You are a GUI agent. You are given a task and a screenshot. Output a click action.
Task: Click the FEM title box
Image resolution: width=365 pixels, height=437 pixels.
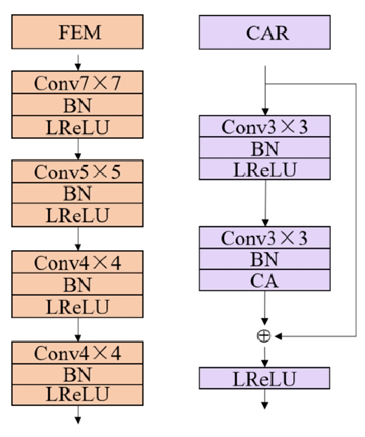[x=78, y=32]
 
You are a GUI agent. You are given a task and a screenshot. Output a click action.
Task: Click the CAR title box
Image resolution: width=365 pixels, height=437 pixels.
[x=265, y=32]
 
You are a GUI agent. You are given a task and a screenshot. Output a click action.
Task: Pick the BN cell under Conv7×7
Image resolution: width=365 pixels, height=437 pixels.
[x=78, y=105]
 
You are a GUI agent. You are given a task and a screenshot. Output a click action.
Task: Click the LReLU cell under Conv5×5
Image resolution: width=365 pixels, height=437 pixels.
[x=78, y=215]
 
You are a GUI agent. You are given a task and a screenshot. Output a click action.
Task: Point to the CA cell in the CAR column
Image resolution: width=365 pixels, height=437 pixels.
[x=265, y=281]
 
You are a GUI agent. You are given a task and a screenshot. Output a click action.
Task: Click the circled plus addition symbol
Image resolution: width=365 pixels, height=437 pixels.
[x=264, y=336]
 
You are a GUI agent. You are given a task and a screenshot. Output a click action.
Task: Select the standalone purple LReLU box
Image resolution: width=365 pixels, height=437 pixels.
[x=265, y=378]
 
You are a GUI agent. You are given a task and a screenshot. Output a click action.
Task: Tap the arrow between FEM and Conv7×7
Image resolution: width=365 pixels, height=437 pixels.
[x=78, y=62]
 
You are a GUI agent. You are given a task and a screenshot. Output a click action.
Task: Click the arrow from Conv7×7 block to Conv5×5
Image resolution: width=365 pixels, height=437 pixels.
[x=78, y=149]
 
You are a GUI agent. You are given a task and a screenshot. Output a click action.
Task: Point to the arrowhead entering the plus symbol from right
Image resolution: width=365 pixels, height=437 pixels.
[x=279, y=336]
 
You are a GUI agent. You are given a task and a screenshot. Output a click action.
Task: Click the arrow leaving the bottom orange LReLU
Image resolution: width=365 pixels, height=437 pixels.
[x=78, y=415]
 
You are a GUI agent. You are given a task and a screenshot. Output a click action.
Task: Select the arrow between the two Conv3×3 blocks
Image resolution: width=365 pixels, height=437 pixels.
[x=265, y=203]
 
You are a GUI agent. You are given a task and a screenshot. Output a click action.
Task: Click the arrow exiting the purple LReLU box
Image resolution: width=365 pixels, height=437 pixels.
[x=264, y=399]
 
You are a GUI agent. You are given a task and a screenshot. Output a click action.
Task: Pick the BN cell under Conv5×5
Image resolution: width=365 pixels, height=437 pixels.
[x=78, y=193]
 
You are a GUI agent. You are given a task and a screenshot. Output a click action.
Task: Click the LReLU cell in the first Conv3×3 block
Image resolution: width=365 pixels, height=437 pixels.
[x=265, y=169]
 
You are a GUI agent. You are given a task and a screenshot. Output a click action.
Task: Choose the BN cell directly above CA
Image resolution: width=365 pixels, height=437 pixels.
[x=265, y=259]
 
